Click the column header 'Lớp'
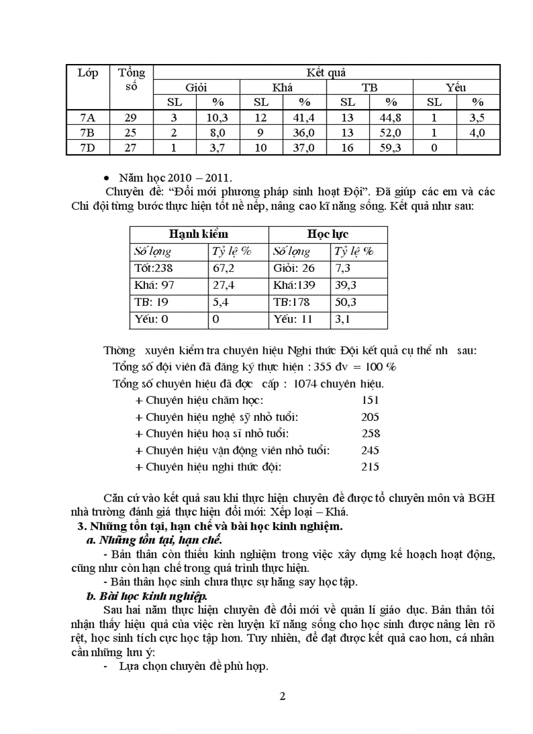88,73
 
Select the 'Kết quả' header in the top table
326,73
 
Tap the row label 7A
88,118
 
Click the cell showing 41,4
304,118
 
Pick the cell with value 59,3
391,148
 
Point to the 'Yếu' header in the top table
456,87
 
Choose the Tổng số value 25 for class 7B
131,133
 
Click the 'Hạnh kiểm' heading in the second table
199,234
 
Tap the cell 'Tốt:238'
155,268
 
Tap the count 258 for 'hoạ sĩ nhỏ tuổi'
371,433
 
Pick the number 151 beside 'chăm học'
370,400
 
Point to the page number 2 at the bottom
282,695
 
